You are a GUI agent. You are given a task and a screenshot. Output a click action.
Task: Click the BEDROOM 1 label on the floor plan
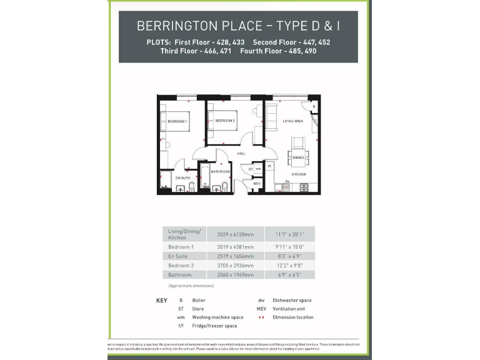[178, 121]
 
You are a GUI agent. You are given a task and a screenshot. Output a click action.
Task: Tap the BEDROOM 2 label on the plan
[225, 121]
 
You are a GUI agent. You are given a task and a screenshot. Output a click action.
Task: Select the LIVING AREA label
[292, 121]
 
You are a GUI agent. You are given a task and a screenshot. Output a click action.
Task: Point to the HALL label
[241, 153]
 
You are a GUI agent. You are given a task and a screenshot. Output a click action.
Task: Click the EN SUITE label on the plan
[173, 178]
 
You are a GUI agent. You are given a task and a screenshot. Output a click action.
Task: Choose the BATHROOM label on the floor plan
[220, 171]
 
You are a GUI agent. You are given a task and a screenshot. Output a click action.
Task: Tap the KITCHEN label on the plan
[298, 174]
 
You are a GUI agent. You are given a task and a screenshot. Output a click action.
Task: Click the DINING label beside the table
[298, 157]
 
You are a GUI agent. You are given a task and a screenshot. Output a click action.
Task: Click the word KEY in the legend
[161, 301]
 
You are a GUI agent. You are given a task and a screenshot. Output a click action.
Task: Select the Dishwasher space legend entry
[292, 301]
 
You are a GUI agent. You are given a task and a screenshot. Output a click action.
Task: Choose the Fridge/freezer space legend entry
[214, 326]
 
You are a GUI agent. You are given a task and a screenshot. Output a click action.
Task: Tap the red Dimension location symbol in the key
[261, 317]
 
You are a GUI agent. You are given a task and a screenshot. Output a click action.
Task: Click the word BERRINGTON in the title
[177, 26]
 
